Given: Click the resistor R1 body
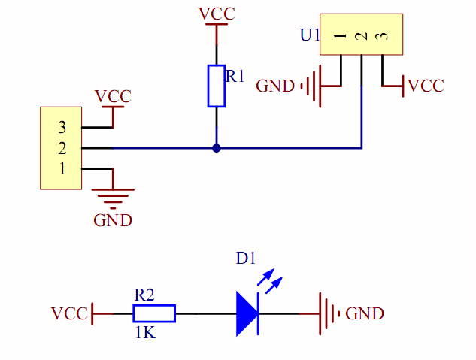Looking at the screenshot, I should (217, 86).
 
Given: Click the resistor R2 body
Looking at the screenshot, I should (154, 313).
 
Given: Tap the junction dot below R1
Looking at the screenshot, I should (217, 148).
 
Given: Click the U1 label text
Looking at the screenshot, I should (310, 35).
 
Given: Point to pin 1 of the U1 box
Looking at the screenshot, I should (341, 37).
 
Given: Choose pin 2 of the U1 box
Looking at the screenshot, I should (362, 37).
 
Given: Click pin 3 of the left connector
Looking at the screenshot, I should (62, 129).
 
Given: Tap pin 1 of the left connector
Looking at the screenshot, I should (62, 168).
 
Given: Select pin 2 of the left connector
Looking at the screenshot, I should (62, 148).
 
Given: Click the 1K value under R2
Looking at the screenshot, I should (145, 332).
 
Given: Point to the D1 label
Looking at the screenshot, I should (246, 259).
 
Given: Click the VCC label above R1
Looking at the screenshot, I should (217, 14).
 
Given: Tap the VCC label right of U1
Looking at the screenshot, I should (426, 86).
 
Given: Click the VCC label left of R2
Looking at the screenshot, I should (69, 313).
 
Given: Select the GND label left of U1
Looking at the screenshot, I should (275, 86).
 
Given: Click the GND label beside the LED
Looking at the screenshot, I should (365, 313).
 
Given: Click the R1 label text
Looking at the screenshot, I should (235, 76).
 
